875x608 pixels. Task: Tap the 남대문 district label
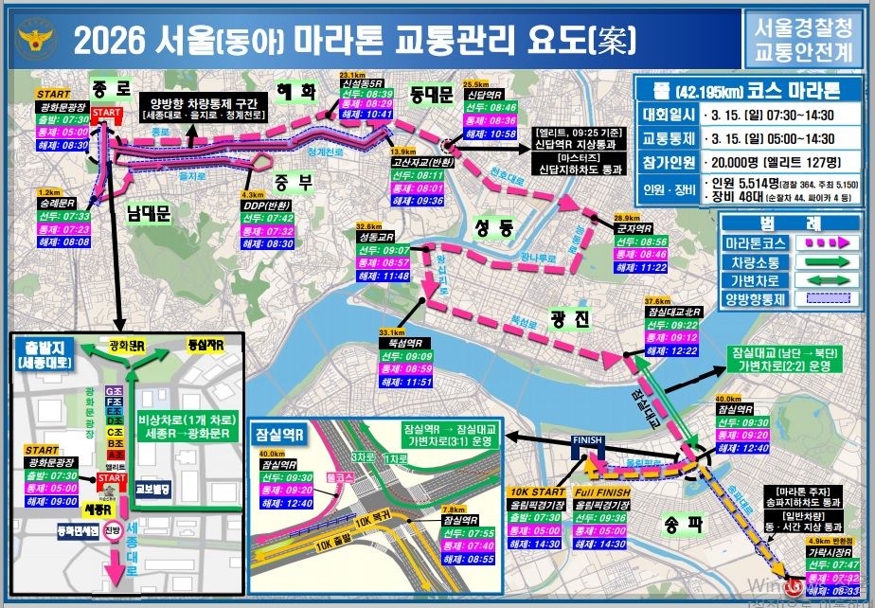pos(148,215)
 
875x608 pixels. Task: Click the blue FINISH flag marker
pos(581,444)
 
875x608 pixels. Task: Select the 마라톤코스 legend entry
pos(754,241)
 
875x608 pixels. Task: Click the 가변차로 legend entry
pos(754,281)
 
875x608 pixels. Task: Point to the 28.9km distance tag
pos(627,218)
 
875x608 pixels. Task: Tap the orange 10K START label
pos(537,492)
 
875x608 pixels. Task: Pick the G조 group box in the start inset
pos(114,391)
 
